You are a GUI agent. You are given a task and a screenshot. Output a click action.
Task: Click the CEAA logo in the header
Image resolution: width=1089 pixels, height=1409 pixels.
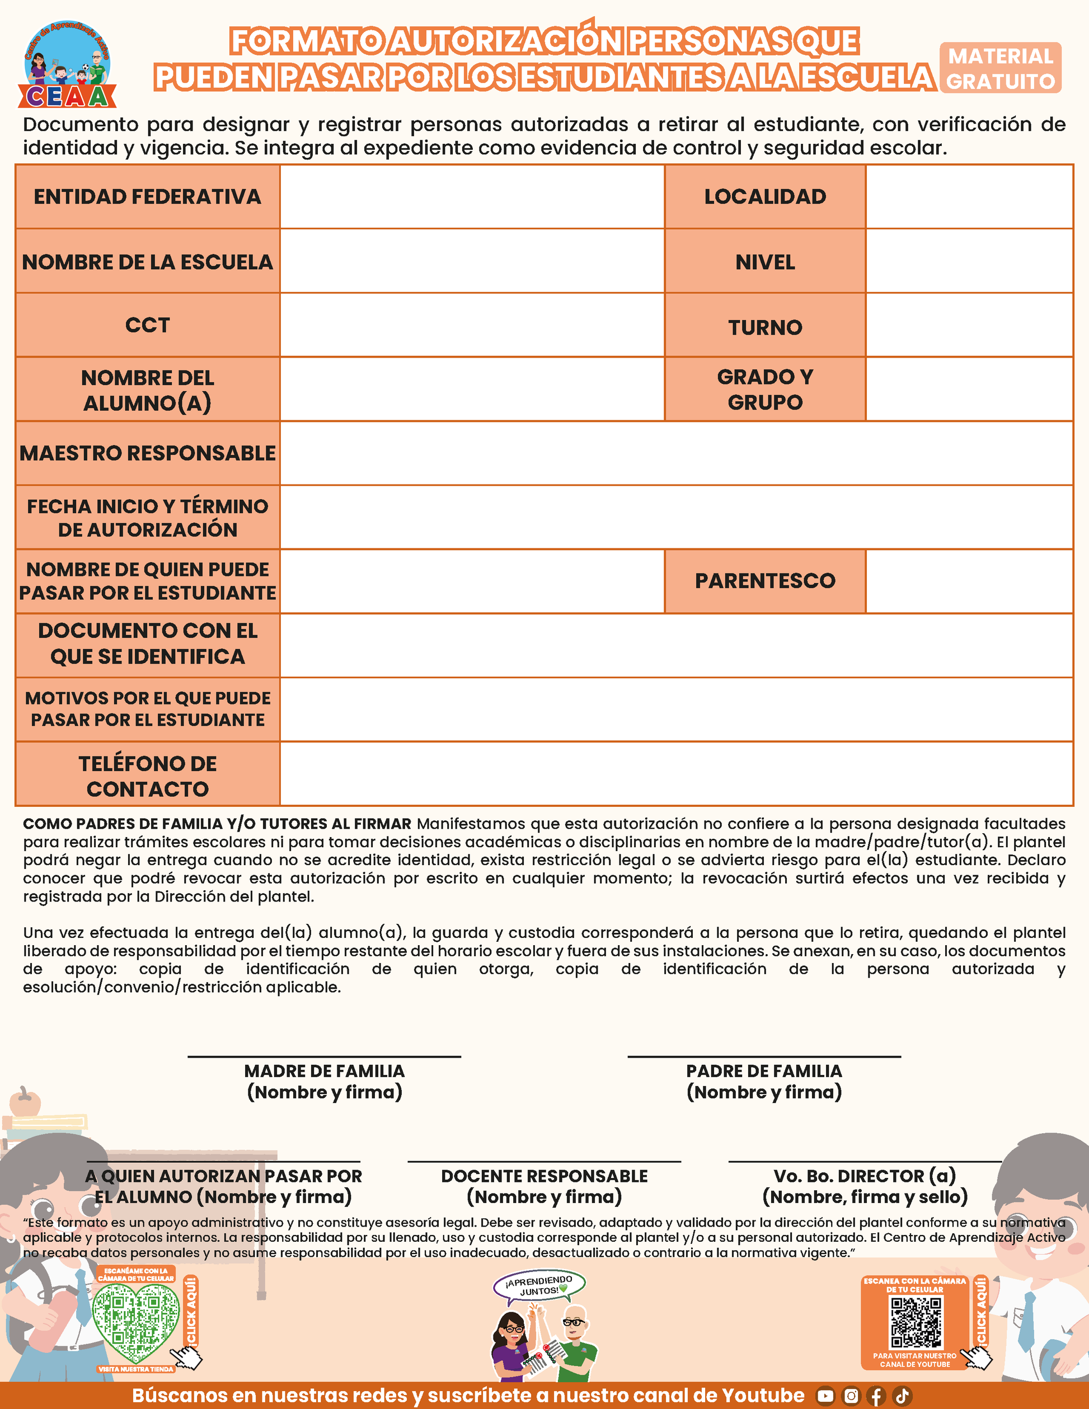click(67, 64)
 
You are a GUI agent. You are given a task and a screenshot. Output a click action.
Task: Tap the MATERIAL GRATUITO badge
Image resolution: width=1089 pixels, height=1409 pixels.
click(1000, 68)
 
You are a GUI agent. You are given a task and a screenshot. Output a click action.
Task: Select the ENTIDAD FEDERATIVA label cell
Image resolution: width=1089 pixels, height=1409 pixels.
click(148, 197)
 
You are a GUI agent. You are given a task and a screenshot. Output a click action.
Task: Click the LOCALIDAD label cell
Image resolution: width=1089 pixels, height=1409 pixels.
click(764, 197)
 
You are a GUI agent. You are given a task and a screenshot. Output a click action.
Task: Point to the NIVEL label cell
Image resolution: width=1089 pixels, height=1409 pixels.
click(764, 262)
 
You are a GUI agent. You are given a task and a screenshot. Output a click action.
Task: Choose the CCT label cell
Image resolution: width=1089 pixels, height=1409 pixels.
click(148, 325)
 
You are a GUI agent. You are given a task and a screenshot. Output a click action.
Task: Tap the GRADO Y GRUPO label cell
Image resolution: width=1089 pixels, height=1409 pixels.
click(764, 389)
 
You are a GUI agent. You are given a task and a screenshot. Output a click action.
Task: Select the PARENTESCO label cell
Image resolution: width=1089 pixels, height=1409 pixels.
click(764, 581)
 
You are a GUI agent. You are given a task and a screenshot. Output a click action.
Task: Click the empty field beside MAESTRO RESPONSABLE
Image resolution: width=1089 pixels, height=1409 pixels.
click(676, 453)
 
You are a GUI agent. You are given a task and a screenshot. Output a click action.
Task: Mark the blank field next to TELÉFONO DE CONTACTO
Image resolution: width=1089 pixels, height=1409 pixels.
click(676, 773)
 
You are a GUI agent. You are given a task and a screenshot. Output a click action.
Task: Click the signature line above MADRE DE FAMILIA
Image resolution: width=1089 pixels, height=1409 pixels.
click(324, 1056)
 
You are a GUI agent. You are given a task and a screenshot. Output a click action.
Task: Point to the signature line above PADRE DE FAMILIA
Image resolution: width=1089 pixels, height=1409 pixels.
click(764, 1056)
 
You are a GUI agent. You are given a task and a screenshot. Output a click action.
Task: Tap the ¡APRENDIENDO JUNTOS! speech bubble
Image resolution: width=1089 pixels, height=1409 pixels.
click(539, 1285)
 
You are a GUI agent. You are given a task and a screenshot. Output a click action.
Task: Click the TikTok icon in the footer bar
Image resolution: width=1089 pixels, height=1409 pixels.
click(902, 1396)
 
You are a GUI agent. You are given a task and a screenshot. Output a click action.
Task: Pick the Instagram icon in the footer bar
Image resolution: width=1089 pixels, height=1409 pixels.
click(851, 1396)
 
